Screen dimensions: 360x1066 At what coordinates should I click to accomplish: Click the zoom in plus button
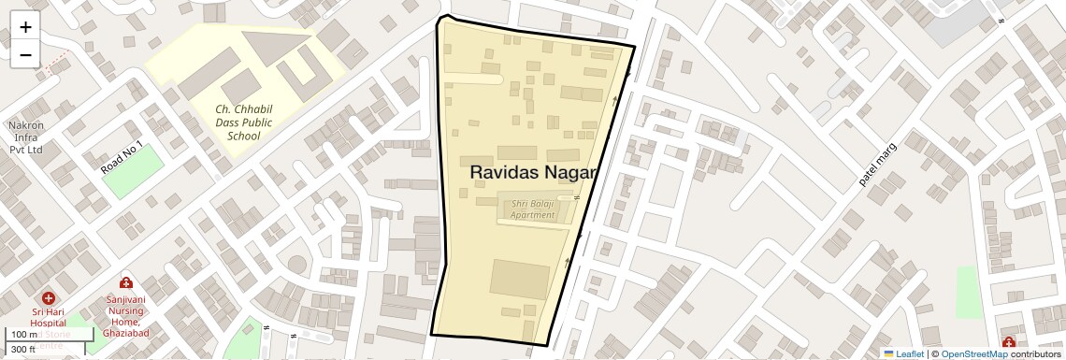pyautogui.click(x=25, y=27)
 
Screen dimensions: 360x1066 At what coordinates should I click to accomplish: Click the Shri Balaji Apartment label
pyautogui.click(x=532, y=209)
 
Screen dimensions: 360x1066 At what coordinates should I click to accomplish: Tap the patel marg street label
pyautogui.click(x=878, y=166)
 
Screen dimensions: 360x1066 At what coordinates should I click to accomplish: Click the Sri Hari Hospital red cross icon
pyautogui.click(x=48, y=297)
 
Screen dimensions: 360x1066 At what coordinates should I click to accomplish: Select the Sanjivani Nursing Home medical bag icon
pyautogui.click(x=125, y=282)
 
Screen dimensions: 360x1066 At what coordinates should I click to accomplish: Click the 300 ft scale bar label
pyautogui.click(x=22, y=349)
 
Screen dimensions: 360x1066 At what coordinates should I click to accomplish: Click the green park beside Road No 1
pyautogui.click(x=133, y=171)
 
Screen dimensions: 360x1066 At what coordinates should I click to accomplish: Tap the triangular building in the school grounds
pyautogui.click(x=275, y=46)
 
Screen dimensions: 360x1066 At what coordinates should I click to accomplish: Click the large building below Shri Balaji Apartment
pyautogui.click(x=521, y=281)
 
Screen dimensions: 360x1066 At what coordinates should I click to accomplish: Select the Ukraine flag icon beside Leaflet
pyautogui.click(x=888, y=353)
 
